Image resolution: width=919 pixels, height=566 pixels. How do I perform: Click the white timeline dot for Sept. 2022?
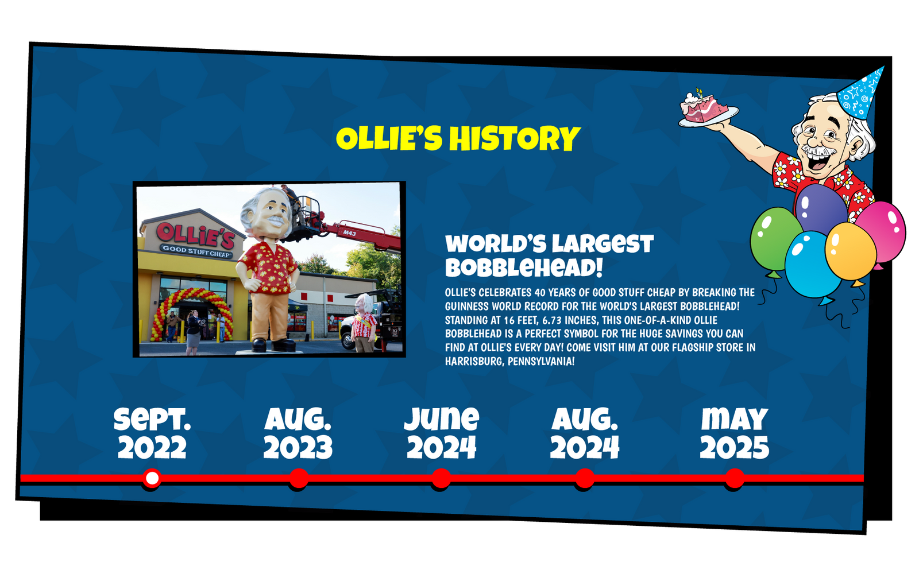152,478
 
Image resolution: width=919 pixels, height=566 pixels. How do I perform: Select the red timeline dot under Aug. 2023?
298,478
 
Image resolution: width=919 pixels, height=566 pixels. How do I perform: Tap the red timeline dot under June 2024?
441,478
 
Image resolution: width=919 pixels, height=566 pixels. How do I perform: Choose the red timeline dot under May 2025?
735,478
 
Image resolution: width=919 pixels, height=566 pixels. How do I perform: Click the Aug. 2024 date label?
585,433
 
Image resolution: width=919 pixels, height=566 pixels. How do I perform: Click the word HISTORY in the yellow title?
515,138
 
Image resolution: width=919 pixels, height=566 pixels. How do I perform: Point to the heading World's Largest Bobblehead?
549,256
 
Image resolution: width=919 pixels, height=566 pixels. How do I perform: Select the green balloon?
775,239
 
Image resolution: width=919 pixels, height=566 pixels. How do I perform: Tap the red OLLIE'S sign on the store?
196,235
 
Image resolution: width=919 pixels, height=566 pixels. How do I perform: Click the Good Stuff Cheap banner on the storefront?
196,251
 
